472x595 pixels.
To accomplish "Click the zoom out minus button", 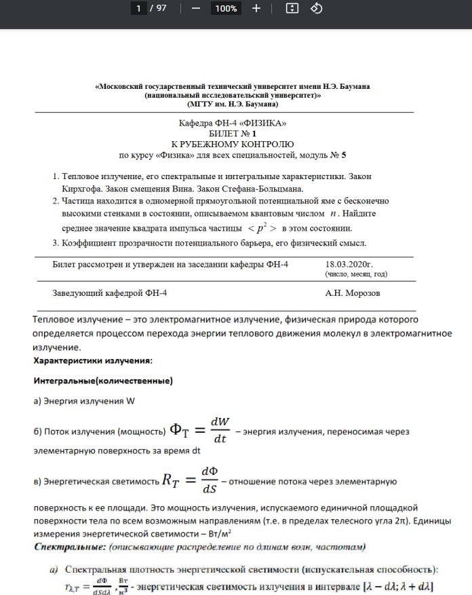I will [x=196, y=8].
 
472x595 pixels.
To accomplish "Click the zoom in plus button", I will [x=256, y=8].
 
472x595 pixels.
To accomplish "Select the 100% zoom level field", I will [x=225, y=8].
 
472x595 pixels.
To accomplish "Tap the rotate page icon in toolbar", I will [x=315, y=8].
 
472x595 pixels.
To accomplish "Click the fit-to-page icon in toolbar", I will [x=292, y=8].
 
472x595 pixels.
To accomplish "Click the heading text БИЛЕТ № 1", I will [x=233, y=134].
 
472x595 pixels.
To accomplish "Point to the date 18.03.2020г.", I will [x=349, y=264].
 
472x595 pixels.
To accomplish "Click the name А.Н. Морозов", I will [x=353, y=293].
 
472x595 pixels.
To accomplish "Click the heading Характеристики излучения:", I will [x=93, y=360].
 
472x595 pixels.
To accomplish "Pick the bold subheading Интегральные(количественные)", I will [x=103, y=381].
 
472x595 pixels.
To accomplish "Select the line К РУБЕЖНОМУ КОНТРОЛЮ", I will [x=233, y=145].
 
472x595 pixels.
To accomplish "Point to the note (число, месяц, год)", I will [x=356, y=275].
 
